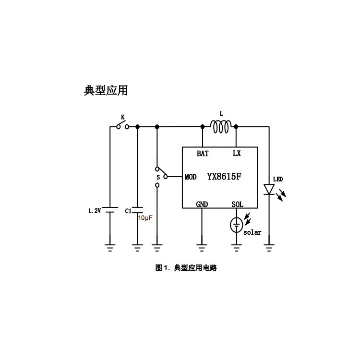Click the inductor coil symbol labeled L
(221, 127)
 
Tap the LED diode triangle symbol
(269, 189)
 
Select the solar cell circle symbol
(236, 225)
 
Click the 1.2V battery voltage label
(94, 211)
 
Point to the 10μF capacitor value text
(145, 218)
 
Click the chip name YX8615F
(224, 177)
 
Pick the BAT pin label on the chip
(202, 154)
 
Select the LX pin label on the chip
(237, 154)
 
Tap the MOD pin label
(191, 177)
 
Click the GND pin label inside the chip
(202, 204)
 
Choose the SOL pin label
(237, 204)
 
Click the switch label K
(122, 117)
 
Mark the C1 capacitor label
(128, 211)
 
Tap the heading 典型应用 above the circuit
(106, 90)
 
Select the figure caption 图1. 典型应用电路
(186, 268)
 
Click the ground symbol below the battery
(111, 248)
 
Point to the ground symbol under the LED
(269, 248)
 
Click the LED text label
(278, 180)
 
